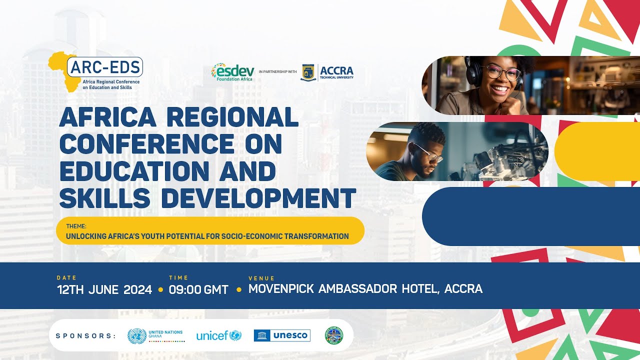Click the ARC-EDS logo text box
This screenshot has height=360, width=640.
pyautogui.click(x=106, y=66)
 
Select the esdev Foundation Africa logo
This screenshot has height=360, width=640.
pyautogui.click(x=233, y=72)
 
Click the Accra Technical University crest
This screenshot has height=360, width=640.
pyautogui.click(x=308, y=72)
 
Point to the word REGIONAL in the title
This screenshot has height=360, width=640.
pyautogui.click(x=232, y=117)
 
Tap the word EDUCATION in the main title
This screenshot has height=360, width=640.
pyautogui.click(x=134, y=171)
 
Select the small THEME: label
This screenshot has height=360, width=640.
pyautogui.click(x=76, y=226)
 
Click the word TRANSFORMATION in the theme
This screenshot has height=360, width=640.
pyautogui.click(x=316, y=236)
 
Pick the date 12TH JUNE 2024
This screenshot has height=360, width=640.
pyautogui.click(x=104, y=289)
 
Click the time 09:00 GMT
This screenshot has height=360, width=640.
pyautogui.click(x=198, y=289)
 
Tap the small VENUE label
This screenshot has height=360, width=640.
pyautogui.click(x=261, y=278)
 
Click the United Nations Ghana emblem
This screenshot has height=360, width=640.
pyautogui.click(x=137, y=335)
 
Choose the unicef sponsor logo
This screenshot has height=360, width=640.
pyautogui.click(x=218, y=335)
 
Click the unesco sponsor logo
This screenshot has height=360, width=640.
pyautogui.click(x=282, y=335)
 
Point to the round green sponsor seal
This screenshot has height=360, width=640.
pyautogui.click(x=334, y=335)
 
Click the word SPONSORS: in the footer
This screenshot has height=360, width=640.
pyautogui.click(x=85, y=335)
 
